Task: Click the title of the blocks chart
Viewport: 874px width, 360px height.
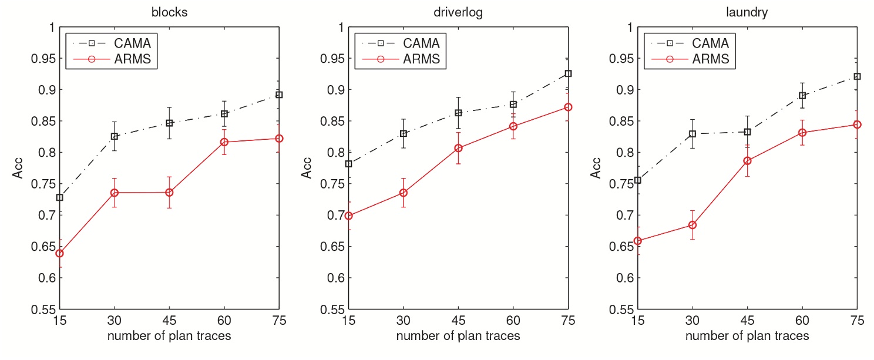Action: coord(169,12)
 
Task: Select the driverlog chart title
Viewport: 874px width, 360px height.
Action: coord(458,12)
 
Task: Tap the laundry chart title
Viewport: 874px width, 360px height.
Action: coord(747,12)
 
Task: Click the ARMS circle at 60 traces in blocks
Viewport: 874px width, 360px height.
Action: coord(224,142)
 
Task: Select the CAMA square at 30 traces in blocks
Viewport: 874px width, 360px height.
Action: coord(115,136)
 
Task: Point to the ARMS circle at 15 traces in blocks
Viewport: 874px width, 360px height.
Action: coord(60,253)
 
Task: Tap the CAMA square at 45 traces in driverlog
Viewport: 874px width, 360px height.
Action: coord(458,113)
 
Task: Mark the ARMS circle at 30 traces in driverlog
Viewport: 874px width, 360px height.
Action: coord(404,193)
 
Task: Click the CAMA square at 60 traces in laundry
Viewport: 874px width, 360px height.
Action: coord(802,95)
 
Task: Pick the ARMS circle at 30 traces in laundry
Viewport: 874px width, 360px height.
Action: coord(693,225)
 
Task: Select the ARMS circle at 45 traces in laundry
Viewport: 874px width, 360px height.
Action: coord(748,160)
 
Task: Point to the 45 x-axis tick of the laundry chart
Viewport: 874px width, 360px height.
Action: coord(747,321)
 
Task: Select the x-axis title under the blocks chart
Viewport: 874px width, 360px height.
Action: coord(169,337)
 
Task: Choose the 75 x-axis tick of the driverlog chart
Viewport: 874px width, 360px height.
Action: coord(567,321)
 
